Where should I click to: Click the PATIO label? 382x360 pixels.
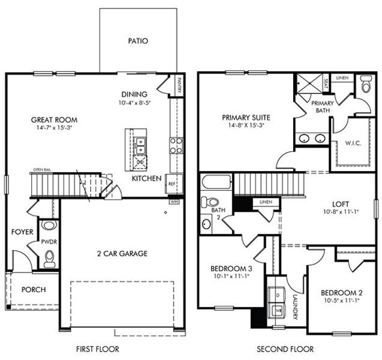pos(138,41)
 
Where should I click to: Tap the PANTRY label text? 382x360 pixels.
pos(179,86)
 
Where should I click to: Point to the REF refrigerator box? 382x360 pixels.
pos(172,184)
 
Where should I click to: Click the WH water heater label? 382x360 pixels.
pos(174,202)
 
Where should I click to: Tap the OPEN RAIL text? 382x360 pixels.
pos(42,170)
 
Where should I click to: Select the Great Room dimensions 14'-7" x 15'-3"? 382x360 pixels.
pos(54,128)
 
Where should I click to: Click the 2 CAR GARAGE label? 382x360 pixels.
pos(121,253)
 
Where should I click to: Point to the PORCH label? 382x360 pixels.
pos(34,290)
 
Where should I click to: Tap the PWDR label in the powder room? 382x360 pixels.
pos(49,242)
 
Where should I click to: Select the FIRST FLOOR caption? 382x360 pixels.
pos(97,349)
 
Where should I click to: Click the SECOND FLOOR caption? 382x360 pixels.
pos(285,349)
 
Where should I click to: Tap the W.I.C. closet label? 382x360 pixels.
pos(353,143)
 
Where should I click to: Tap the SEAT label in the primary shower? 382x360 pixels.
pos(326,82)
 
